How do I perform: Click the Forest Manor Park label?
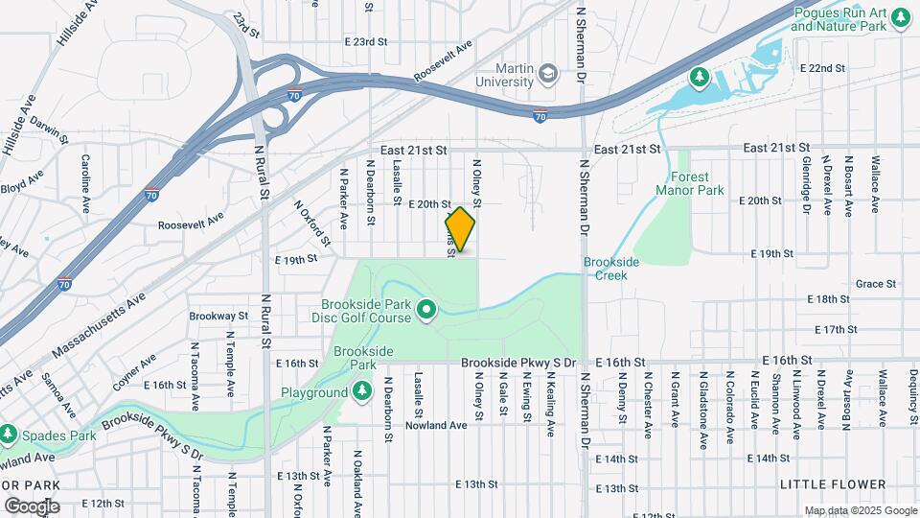coord(689,183)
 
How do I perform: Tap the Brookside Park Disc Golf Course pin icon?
coord(426,309)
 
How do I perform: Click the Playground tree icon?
coord(361,391)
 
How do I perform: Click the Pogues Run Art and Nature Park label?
coord(839,19)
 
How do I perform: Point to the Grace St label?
coord(875,284)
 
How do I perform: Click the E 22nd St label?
coord(825,69)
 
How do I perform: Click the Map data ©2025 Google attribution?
coord(860,510)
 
